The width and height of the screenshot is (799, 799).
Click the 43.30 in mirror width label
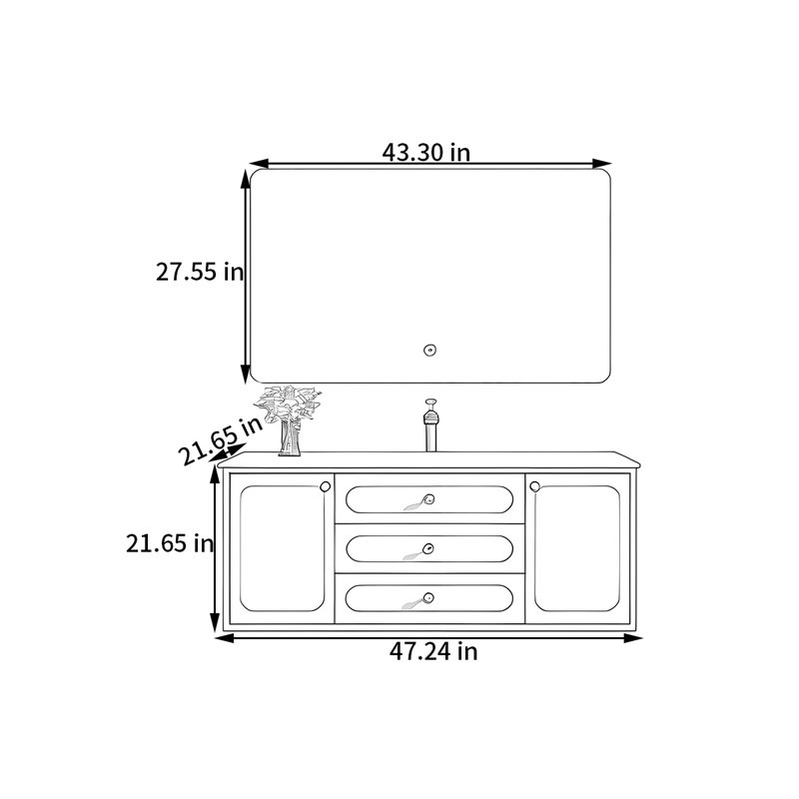pos(426,152)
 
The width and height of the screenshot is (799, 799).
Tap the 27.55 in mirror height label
pos(200,271)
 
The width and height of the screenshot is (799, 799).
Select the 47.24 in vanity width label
pos(433,651)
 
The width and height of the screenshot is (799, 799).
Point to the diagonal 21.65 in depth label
pos(221,440)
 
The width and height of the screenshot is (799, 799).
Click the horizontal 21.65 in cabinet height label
pos(170,543)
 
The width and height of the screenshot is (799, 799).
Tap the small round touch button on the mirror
pos(429,351)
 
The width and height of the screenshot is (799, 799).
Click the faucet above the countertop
pos(430,425)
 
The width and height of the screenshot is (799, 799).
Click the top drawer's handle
pos(419,502)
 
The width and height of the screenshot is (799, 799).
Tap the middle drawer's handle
pos(418,551)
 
